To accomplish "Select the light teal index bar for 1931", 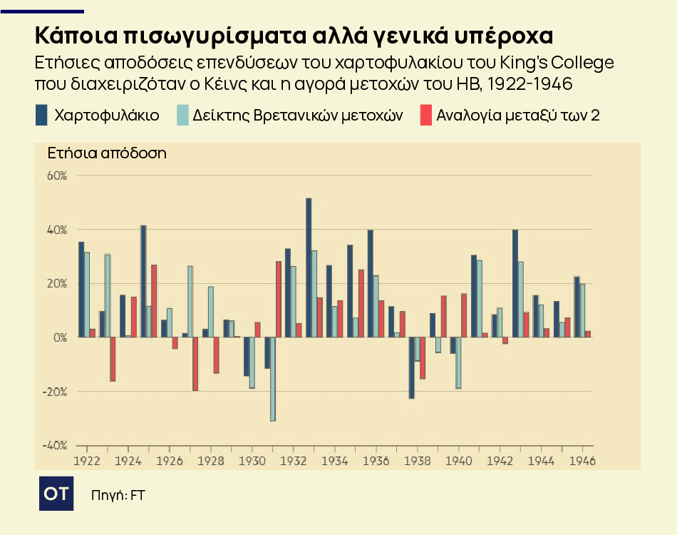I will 273,379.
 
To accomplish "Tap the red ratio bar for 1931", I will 279,299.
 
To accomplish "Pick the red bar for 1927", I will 195,364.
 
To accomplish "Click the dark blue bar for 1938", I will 412,367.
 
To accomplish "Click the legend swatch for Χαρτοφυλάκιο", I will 41,115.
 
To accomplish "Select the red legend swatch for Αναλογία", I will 426,115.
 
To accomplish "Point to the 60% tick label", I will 56,175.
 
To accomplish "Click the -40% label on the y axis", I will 56,446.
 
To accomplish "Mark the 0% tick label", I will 59,337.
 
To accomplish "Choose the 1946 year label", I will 583,461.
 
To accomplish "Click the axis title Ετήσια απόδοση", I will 107,153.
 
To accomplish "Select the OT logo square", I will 56,494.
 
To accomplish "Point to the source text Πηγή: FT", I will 118,494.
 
